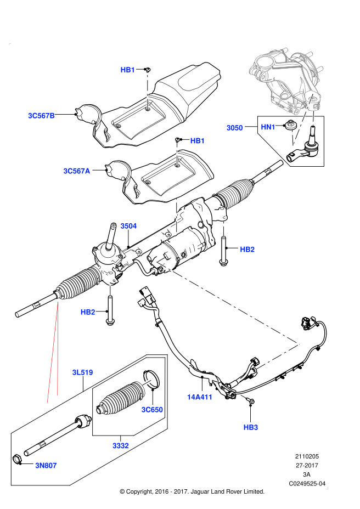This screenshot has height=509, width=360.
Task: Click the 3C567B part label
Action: (41, 116)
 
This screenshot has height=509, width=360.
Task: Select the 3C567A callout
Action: (77, 171)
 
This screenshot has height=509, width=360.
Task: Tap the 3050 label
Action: (235, 128)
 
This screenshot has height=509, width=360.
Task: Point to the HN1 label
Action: (268, 127)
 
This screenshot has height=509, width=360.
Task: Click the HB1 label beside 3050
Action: (198, 141)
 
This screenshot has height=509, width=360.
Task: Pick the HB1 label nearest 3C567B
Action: (128, 70)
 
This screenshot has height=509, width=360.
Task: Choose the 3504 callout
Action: (128, 226)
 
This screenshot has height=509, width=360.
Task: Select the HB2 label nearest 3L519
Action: (88, 312)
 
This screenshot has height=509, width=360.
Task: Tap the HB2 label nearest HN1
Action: (248, 250)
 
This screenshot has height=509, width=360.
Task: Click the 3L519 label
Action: (83, 372)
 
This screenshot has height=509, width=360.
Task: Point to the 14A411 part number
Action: (200, 397)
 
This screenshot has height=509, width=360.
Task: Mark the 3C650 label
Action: (152, 410)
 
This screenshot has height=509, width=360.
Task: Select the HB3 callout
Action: (251, 427)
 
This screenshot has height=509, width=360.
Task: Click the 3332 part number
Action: (121, 446)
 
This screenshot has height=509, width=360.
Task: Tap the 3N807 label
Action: (46, 466)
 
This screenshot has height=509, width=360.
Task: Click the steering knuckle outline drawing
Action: (285, 80)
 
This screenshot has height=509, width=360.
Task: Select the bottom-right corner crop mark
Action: (327, 488)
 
